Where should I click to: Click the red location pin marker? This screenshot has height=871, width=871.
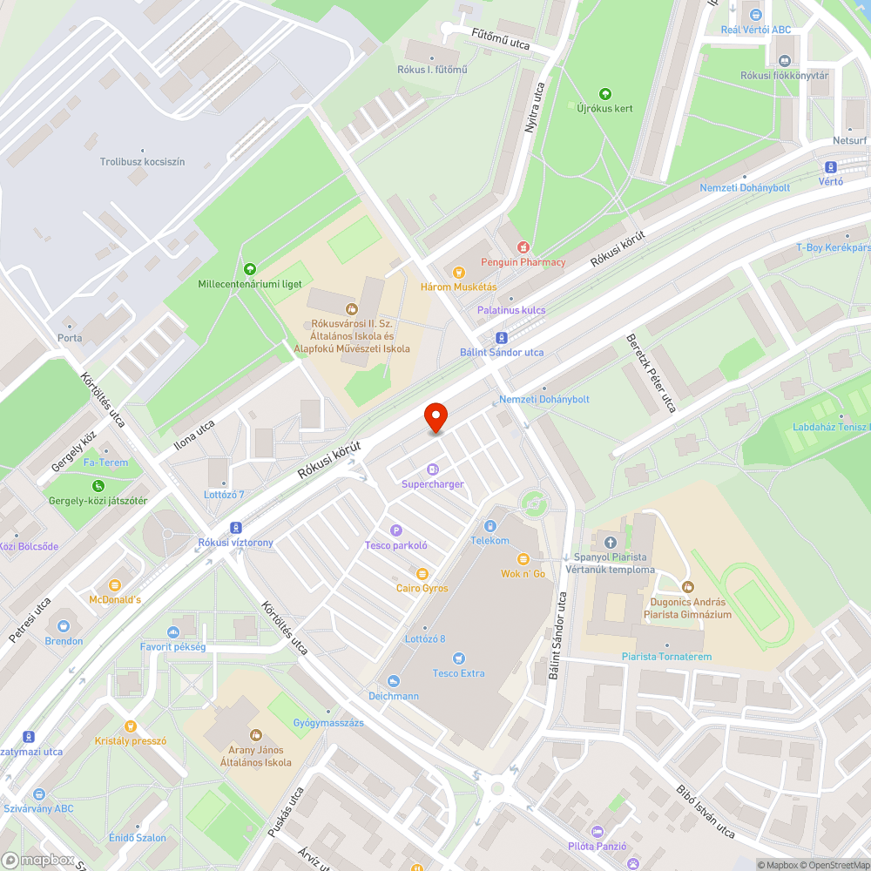435,418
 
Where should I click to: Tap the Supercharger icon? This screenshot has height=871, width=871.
433,469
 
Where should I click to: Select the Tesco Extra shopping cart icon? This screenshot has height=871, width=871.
459,658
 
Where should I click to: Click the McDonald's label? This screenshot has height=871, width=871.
114,599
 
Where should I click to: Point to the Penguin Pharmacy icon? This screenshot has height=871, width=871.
523,247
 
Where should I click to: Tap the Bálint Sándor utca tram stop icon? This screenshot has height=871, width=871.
502,338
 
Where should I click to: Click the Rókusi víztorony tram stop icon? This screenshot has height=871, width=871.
235,528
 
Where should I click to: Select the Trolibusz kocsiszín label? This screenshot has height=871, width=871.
142,162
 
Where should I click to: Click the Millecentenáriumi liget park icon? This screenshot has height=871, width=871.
250,269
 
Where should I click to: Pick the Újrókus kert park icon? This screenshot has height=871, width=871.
605,94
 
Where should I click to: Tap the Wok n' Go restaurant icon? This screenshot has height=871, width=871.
523,559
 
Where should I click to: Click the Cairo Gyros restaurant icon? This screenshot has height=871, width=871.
422,573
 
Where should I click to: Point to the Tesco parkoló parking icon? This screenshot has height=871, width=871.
396,530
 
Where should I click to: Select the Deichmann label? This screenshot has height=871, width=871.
393,696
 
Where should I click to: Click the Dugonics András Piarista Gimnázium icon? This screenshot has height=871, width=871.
688,587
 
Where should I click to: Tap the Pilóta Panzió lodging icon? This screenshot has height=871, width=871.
597,831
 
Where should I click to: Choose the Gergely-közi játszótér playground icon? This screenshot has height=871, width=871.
98,485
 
